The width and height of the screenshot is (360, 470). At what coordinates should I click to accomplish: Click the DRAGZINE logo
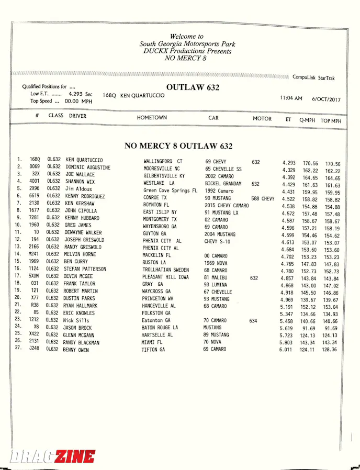(52, 456)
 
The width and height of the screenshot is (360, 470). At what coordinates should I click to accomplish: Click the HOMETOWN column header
(152, 118)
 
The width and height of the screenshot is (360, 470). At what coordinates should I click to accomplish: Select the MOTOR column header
(262, 119)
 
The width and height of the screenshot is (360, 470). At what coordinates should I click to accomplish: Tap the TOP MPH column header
(331, 121)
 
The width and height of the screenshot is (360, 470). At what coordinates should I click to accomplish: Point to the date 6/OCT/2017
(326, 99)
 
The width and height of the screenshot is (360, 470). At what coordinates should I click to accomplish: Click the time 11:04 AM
(291, 98)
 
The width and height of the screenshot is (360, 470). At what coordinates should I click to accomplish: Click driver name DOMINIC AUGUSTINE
(88, 167)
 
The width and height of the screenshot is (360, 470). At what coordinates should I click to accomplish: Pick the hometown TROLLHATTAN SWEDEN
(166, 270)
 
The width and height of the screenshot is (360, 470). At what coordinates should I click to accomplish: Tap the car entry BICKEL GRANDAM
(223, 184)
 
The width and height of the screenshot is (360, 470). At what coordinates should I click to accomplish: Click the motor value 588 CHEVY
(263, 199)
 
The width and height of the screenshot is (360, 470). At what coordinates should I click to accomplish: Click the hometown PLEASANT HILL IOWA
(166, 277)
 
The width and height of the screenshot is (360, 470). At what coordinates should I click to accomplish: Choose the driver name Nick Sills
(76, 320)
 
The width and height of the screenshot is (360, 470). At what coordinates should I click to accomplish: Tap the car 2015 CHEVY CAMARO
(227, 206)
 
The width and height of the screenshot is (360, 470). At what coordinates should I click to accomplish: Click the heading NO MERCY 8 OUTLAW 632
(178, 146)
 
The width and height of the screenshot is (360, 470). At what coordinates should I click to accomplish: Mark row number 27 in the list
(18, 347)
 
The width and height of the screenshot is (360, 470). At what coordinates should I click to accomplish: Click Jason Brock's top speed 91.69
(331, 328)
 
